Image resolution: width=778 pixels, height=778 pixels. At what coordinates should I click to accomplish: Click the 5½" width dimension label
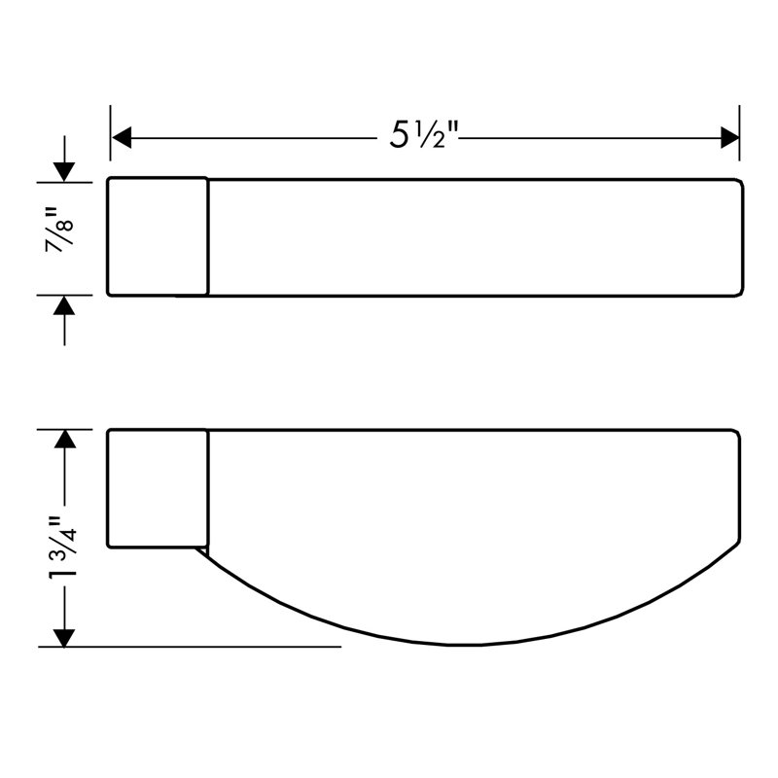(423, 134)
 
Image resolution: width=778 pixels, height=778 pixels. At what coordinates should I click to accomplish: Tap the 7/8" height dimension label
(60, 230)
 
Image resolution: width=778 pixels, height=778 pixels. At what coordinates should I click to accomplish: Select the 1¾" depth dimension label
(62, 547)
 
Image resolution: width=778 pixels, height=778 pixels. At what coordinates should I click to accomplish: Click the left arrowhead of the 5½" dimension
(122, 137)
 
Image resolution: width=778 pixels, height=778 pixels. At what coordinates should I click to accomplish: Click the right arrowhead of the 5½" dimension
(729, 137)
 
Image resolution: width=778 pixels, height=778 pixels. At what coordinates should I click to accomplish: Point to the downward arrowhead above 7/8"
(64, 172)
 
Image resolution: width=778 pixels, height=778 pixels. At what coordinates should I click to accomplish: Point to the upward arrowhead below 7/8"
(64, 305)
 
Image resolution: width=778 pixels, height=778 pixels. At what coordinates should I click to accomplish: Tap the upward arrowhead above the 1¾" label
(64, 440)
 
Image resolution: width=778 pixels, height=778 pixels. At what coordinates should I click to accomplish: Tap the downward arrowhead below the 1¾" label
(64, 638)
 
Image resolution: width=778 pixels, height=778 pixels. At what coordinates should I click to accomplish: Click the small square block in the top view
(158, 236)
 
